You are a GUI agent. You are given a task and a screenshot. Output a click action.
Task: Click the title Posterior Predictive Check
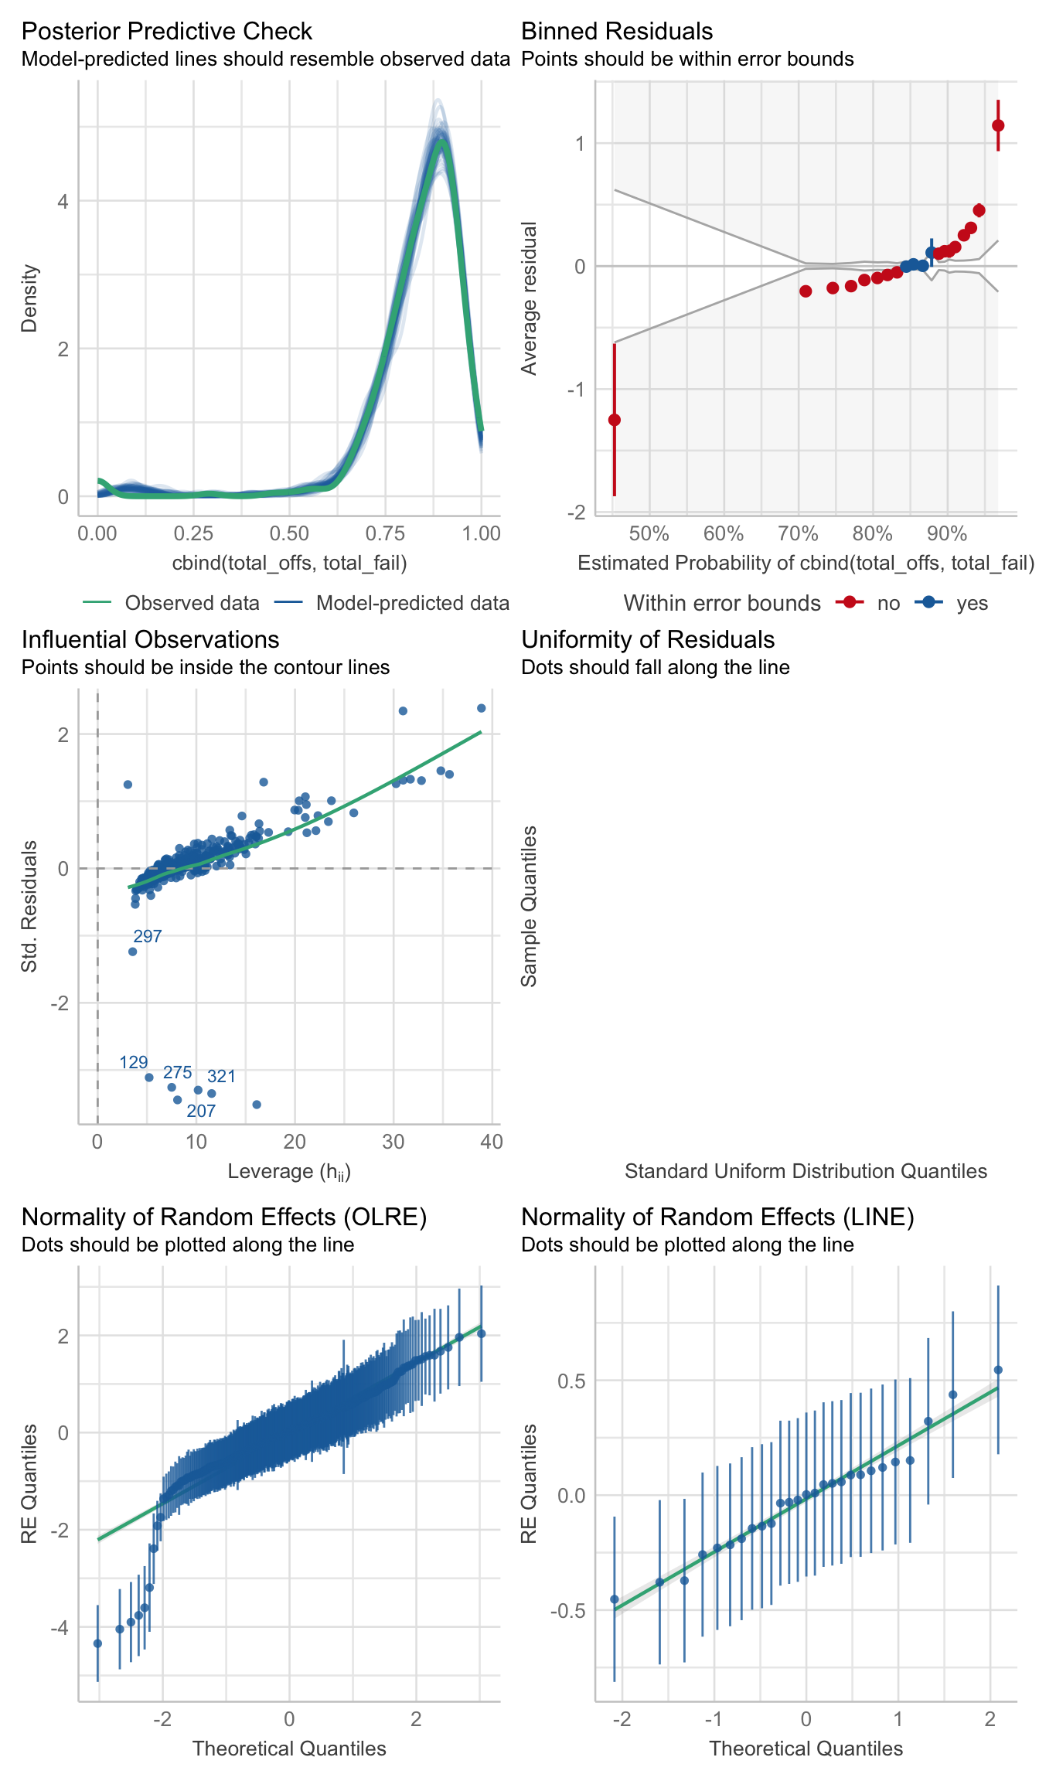coord(166,31)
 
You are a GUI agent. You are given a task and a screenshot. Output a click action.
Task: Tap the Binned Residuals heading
coord(617,31)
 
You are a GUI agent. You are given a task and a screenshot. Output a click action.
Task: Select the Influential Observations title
coord(150,639)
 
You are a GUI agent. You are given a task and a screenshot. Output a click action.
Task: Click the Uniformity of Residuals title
coord(648,639)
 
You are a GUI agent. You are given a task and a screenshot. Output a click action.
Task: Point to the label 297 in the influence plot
coord(148,936)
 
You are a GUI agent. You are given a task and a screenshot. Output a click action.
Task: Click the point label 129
coord(134,1062)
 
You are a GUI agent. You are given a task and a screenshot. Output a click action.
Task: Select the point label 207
coord(201,1111)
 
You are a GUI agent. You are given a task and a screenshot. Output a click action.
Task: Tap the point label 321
coord(221,1076)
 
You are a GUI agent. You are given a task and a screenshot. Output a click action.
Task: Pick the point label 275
coord(177,1072)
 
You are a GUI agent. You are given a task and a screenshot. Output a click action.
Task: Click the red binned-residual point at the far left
coord(615,420)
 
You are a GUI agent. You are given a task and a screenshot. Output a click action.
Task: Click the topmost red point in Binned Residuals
coord(998,125)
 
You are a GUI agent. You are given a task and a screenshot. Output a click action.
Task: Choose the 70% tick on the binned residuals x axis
coord(798,533)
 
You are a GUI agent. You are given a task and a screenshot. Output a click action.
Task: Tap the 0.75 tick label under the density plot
coord(385,533)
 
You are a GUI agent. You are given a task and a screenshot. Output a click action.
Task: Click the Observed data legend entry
coord(192,603)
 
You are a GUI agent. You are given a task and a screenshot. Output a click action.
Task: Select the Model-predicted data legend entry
coord(412,603)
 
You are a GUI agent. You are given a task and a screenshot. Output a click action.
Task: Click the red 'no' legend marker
coord(850,603)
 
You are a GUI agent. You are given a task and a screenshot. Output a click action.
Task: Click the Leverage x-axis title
coord(289,1172)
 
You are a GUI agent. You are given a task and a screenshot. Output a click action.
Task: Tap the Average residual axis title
coord(529,298)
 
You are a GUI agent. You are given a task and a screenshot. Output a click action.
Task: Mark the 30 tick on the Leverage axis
coord(393,1142)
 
